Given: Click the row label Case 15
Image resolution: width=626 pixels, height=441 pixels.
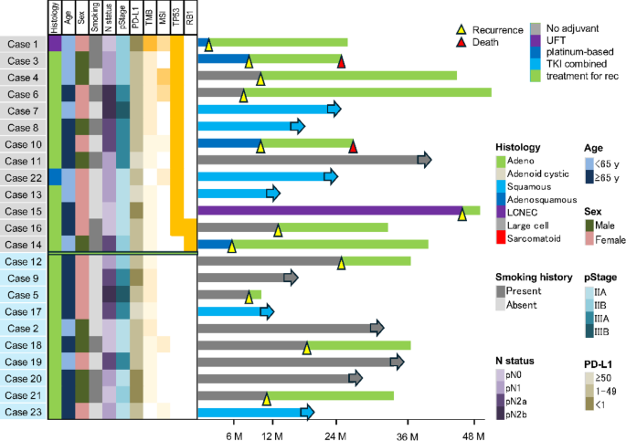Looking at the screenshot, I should pyautogui.click(x=23, y=211).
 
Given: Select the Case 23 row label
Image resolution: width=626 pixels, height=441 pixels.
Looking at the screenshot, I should pyautogui.click(x=23, y=412).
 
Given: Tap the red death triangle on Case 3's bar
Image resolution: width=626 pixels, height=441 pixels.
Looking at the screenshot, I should pyautogui.click(x=341, y=61).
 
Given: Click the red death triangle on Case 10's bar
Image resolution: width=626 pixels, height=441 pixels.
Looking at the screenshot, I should pyautogui.click(x=353, y=145).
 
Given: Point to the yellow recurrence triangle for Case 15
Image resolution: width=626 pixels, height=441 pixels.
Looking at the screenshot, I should pyautogui.click(x=462, y=212).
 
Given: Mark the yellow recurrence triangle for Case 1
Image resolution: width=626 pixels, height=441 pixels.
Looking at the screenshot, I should pyautogui.click(x=208, y=45).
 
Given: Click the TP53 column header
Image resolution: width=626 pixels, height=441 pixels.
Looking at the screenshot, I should pyautogui.click(x=176, y=18).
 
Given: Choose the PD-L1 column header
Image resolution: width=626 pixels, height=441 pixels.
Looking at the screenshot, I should pyautogui.click(x=136, y=18).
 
